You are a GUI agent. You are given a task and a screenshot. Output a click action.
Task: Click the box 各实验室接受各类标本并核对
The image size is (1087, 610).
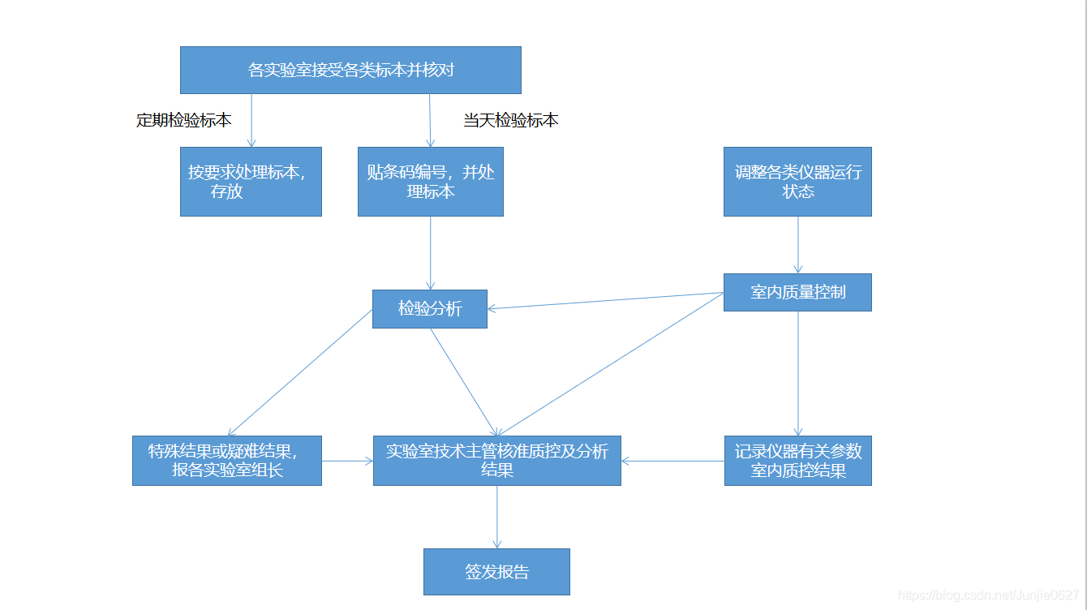[x=350, y=70]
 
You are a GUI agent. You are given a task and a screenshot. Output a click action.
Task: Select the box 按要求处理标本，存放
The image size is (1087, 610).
[x=251, y=182]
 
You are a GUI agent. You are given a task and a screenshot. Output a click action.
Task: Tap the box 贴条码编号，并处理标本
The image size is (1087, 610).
[x=430, y=182]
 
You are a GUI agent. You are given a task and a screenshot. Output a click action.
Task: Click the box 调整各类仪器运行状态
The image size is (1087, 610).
[x=797, y=182]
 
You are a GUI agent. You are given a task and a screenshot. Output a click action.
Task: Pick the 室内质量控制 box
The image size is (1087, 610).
[x=797, y=292]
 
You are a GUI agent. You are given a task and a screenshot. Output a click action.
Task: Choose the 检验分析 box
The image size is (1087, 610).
[x=429, y=309]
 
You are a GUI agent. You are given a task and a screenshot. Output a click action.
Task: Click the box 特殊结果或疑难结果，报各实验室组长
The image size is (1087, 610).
[x=227, y=461]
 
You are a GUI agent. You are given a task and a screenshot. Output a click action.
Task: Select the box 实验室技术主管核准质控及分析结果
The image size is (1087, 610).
[x=496, y=461]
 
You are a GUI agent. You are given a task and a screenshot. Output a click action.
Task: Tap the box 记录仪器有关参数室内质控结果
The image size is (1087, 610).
[x=797, y=461]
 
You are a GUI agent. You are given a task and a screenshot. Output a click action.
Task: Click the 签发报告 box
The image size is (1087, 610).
[x=496, y=572]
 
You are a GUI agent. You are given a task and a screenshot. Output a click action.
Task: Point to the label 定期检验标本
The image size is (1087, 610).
[x=184, y=120]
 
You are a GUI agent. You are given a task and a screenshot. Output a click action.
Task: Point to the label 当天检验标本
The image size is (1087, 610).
[x=510, y=120]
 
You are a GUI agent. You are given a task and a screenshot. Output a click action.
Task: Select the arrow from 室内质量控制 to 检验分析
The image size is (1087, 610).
[x=605, y=301]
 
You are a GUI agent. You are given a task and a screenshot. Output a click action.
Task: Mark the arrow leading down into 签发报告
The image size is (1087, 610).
[x=496, y=518]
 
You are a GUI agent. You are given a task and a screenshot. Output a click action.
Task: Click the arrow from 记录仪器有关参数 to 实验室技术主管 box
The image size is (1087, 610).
[x=672, y=461]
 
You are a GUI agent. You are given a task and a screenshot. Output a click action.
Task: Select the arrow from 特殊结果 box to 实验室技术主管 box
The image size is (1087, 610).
[x=347, y=461]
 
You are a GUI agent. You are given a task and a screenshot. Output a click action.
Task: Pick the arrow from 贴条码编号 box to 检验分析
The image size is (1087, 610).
[x=430, y=253]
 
